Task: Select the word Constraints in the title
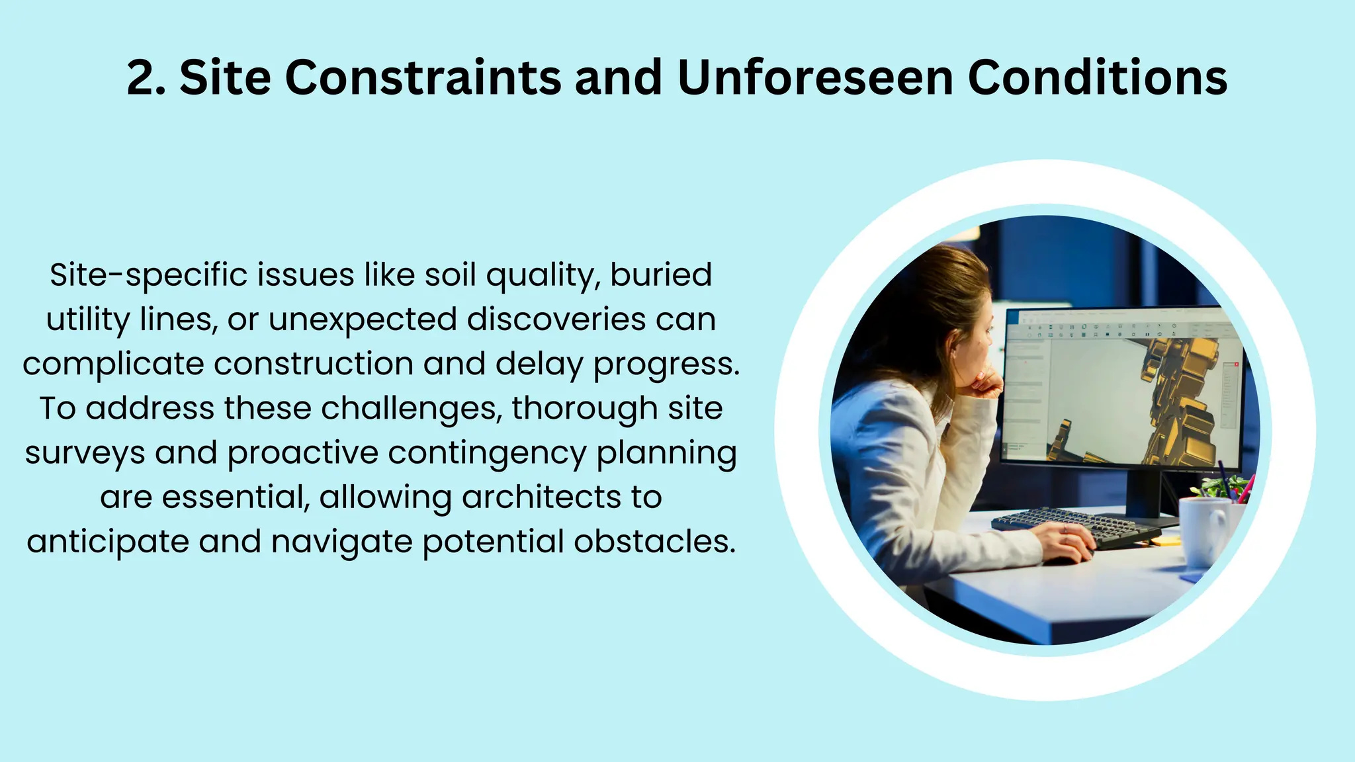(x=423, y=78)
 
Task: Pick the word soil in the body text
(x=450, y=275)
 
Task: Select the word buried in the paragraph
(x=660, y=275)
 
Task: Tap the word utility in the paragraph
(x=88, y=320)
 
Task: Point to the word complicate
(x=112, y=364)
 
